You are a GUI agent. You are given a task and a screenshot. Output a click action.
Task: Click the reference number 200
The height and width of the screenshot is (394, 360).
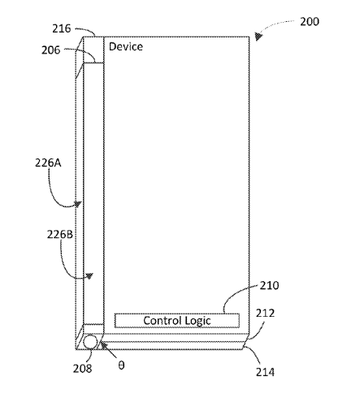(310, 22)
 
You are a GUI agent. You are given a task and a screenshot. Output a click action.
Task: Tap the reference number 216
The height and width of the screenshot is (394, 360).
(62, 28)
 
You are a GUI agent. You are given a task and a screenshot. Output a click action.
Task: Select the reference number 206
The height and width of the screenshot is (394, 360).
(50, 50)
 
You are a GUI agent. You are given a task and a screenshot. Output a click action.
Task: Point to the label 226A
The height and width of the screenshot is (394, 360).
(48, 162)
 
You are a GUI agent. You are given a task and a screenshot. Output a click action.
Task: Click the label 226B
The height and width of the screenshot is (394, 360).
(60, 234)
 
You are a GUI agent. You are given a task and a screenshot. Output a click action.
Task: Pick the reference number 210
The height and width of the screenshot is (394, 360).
(269, 285)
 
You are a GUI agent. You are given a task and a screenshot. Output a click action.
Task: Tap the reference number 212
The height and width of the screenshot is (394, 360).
(265, 313)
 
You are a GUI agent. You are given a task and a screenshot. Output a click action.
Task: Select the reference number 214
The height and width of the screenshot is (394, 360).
(265, 372)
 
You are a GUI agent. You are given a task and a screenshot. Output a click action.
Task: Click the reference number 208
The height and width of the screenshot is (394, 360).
(82, 368)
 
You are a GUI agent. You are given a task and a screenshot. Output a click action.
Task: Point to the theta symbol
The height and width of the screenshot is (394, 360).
(121, 366)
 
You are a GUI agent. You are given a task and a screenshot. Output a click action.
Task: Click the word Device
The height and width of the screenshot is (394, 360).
(126, 46)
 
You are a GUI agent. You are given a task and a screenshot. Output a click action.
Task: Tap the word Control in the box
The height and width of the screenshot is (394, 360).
(163, 321)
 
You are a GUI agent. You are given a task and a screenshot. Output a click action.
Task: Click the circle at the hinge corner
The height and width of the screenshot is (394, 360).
(90, 342)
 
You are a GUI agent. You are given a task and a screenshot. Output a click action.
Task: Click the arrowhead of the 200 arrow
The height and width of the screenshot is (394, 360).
(258, 37)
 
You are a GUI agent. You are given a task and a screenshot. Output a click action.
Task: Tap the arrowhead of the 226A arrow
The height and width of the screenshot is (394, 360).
(78, 204)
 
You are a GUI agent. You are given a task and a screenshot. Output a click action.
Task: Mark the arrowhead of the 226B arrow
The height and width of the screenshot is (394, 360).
(89, 276)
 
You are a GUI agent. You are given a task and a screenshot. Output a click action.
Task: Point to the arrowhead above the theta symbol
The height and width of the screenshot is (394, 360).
(104, 345)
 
